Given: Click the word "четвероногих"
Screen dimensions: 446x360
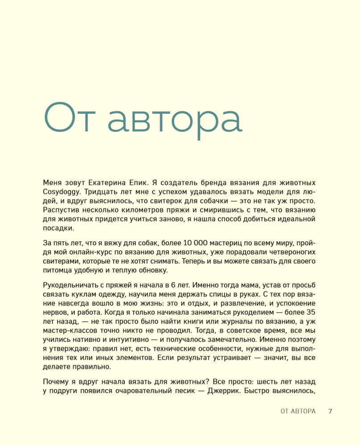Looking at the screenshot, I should click(x=291, y=252).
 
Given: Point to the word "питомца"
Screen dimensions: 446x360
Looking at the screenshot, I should click(x=58, y=270).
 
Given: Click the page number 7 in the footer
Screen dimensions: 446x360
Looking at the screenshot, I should click(x=330, y=411).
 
